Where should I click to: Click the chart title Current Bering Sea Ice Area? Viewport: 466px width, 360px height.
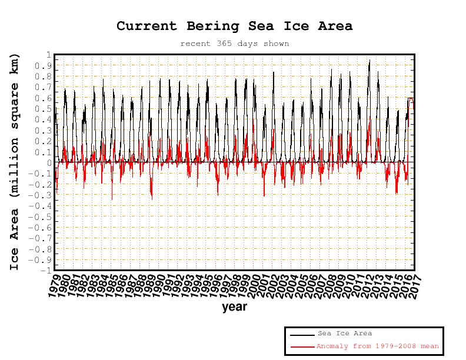coord(234,26)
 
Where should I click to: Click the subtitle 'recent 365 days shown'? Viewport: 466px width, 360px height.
coord(234,44)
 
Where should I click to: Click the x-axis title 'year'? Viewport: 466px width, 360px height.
coord(234,307)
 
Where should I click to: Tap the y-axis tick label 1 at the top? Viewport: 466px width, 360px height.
coord(48,55)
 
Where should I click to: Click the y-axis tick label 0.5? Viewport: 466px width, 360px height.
coord(42,109)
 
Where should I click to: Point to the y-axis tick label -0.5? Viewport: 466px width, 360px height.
coord(41,216)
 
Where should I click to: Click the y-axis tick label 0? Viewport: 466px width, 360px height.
coord(48,162)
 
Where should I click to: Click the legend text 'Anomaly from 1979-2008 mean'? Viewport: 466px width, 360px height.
coord(377,346)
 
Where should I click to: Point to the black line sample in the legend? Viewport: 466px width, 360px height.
coord(302,335)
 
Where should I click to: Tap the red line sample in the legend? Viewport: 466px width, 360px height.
coord(302,347)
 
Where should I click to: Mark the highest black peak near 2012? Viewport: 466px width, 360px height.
coord(370,60)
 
